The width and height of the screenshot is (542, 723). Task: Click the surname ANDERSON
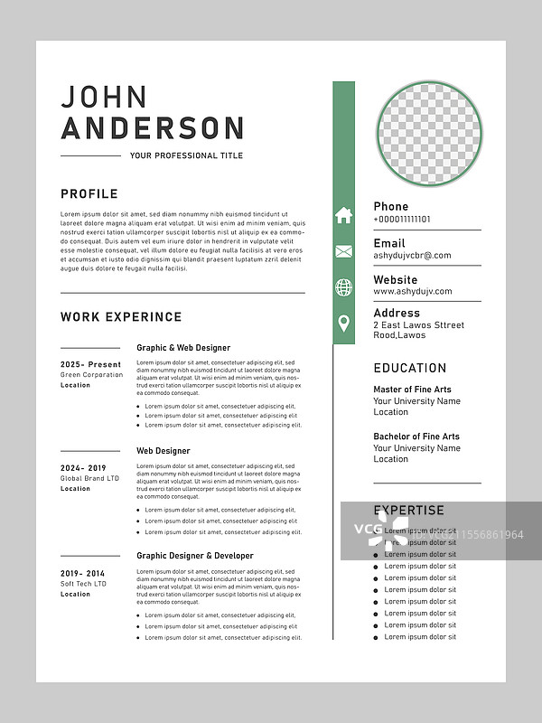click(153, 128)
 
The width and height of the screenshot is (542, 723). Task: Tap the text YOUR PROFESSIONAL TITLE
click(186, 155)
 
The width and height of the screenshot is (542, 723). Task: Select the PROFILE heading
click(89, 193)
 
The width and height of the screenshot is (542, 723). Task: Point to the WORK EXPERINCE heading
click(121, 317)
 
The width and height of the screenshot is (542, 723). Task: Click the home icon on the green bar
click(343, 215)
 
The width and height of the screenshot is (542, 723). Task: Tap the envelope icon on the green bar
click(343, 252)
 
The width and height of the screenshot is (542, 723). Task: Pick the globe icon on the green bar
click(343, 287)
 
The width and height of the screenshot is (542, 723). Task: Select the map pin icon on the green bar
click(343, 323)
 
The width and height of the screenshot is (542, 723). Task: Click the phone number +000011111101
click(402, 220)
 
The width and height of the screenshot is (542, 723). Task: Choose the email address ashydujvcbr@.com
click(412, 256)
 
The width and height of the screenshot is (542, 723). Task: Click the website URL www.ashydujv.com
click(413, 292)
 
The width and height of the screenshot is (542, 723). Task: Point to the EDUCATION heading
click(410, 368)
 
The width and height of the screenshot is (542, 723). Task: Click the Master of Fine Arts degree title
click(413, 390)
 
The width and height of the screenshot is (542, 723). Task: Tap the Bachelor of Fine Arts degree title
click(416, 437)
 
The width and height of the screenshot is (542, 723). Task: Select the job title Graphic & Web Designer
click(183, 348)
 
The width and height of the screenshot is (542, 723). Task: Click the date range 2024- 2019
click(83, 468)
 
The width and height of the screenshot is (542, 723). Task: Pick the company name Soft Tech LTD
click(83, 584)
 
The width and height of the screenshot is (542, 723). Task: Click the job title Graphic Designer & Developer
click(195, 556)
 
